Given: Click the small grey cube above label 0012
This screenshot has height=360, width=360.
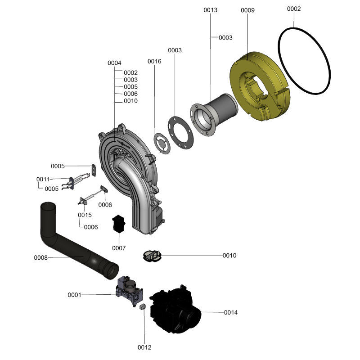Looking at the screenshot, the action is point(142,306).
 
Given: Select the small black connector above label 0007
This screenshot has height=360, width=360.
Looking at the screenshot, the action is point(119,224).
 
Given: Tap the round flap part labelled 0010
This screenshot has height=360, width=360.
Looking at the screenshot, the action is point(152,256).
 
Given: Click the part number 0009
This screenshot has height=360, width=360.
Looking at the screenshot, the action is point(248,10).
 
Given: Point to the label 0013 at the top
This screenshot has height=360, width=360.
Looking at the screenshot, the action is point(210,10).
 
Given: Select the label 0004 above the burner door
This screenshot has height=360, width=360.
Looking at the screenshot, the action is point(114,63).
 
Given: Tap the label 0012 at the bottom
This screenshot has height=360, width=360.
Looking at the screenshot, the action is point(144,347).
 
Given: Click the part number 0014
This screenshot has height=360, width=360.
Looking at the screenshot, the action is point(231,312).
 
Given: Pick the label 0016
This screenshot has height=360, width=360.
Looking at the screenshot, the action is point(154,61).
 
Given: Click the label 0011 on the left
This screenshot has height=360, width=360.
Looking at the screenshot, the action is point(43,179).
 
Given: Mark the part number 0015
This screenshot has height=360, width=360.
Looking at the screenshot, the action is point(85,215).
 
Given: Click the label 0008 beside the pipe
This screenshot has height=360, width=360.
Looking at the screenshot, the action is point(40,258).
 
